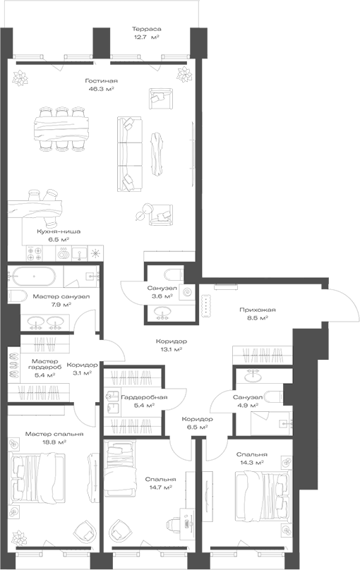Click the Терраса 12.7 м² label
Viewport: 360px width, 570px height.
click(146, 33)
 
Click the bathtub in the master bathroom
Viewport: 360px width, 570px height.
click(34, 277)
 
